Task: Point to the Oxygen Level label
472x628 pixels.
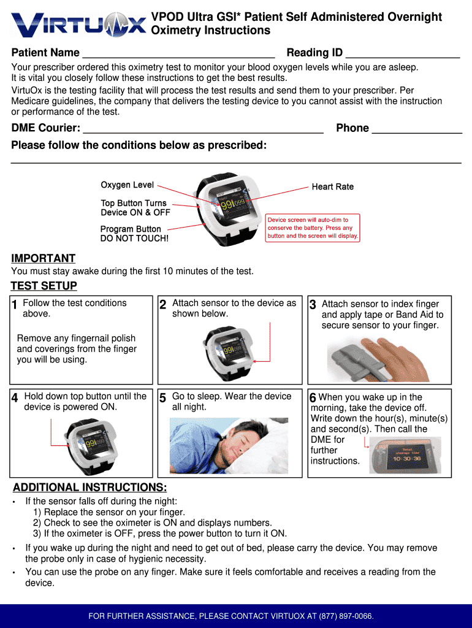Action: [x=127, y=185]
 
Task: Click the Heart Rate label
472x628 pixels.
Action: [x=332, y=186]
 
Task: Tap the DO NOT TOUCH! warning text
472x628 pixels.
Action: [x=134, y=238]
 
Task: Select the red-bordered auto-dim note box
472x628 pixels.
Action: [x=313, y=228]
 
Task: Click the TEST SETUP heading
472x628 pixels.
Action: [x=44, y=286]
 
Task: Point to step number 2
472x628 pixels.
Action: [x=162, y=305]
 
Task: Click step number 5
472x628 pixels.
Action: [x=162, y=398]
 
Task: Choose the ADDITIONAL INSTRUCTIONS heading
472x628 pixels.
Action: [x=89, y=488]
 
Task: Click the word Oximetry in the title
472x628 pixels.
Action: [x=177, y=30]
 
